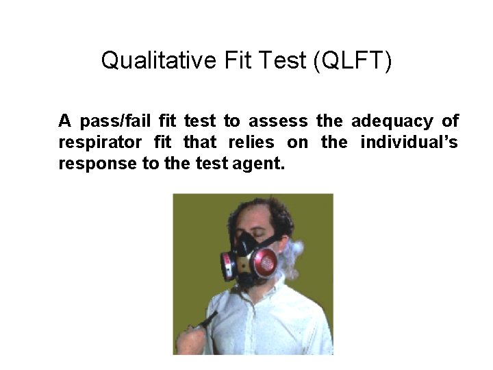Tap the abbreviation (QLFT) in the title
pos(352,60)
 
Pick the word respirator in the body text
pos(100,143)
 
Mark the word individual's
pos(409,143)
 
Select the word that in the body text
pos(199,143)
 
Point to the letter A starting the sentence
pos(65,122)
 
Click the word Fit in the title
pos(238,60)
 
